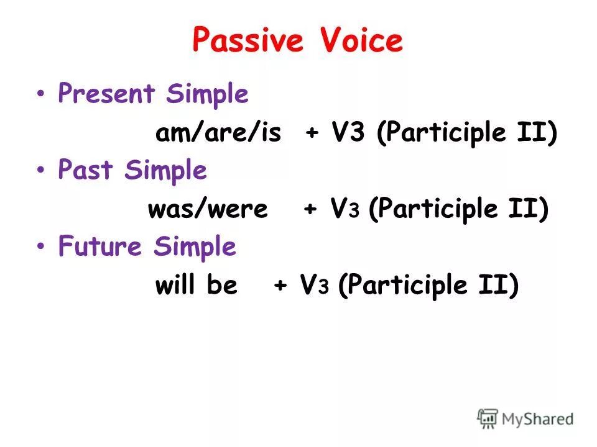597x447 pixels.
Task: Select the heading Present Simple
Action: [153, 95]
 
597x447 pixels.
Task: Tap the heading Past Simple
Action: [132, 171]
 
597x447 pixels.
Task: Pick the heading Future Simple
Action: [147, 246]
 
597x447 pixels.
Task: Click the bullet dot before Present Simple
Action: [40, 95]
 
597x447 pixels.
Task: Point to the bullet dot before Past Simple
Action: [40, 171]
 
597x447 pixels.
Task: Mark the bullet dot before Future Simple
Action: [40, 246]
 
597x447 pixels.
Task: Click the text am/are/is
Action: [218, 133]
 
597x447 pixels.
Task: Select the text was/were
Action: [208, 209]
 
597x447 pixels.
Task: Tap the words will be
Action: [196, 286]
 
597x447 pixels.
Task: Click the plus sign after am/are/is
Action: [312, 134]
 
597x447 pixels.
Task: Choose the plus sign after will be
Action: [280, 286]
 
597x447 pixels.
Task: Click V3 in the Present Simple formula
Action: [348, 133]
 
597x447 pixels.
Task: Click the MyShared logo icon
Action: [488, 418]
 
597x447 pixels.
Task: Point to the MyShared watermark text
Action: [537, 419]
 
